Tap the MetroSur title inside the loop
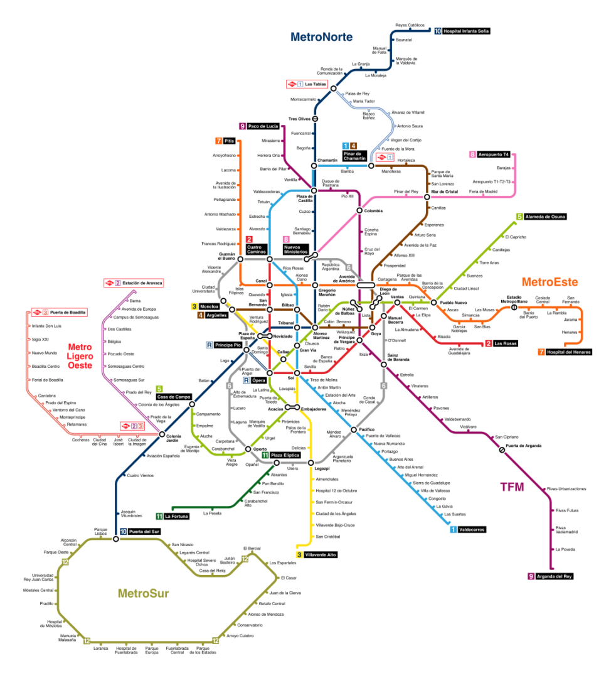[x=143, y=593]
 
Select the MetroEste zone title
[x=550, y=282]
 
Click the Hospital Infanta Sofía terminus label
[x=465, y=30]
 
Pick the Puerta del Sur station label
[x=144, y=532]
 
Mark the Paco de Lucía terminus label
[x=263, y=126]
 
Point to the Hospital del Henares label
[x=568, y=352]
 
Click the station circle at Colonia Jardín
[x=162, y=435]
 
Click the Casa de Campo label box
[x=173, y=397]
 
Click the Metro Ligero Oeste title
[x=80, y=356]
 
